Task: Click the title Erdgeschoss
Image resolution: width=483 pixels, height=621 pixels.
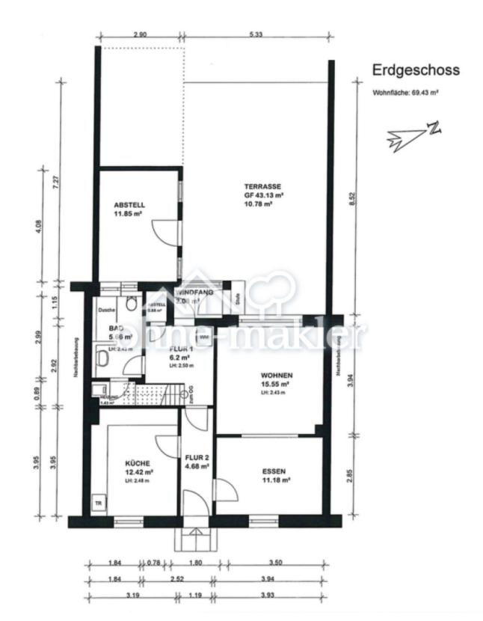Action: pos(416,71)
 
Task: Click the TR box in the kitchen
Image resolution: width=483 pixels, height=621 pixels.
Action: pos(98,503)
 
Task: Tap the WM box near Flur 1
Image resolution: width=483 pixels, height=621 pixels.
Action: pos(204,338)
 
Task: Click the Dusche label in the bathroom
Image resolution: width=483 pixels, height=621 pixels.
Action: pos(105,310)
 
